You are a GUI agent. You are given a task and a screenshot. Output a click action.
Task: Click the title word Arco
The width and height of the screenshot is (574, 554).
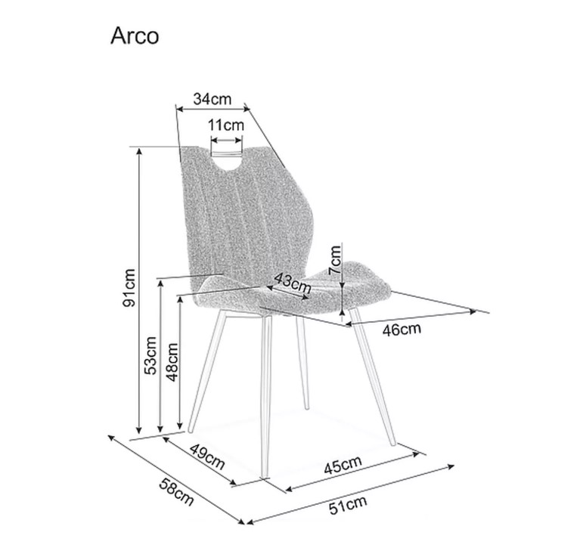point(135,36)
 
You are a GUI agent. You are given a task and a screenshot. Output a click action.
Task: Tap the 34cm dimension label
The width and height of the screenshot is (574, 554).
point(213,99)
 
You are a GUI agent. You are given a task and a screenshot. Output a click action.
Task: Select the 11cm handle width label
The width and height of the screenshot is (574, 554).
point(226,125)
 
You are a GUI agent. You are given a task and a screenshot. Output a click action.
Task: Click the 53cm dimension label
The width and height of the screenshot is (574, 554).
point(150,355)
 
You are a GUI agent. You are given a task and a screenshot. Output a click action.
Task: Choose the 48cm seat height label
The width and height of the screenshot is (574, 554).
point(172,362)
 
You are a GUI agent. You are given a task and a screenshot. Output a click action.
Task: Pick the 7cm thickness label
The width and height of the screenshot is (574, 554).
point(334,260)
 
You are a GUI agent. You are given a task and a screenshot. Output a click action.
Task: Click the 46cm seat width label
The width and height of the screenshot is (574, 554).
point(402,330)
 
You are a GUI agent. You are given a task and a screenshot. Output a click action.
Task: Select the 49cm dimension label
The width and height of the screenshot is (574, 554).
point(206,457)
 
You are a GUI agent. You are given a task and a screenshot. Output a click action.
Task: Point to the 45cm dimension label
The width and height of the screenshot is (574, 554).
point(343,465)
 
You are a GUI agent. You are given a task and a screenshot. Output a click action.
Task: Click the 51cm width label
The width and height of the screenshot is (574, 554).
point(348,506)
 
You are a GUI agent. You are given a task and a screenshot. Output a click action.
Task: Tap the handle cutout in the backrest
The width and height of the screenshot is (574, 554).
point(227,159)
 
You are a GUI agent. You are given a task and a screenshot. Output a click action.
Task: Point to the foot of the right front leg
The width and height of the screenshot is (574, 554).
point(393,444)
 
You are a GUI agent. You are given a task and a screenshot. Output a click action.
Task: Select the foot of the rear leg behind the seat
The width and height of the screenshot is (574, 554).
point(307,407)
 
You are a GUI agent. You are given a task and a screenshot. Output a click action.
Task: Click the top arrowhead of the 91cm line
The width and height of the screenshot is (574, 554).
point(138,150)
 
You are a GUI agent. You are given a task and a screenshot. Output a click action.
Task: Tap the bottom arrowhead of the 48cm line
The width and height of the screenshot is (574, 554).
point(179,426)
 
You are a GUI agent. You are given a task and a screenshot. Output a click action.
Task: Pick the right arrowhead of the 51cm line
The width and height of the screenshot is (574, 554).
point(451,466)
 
